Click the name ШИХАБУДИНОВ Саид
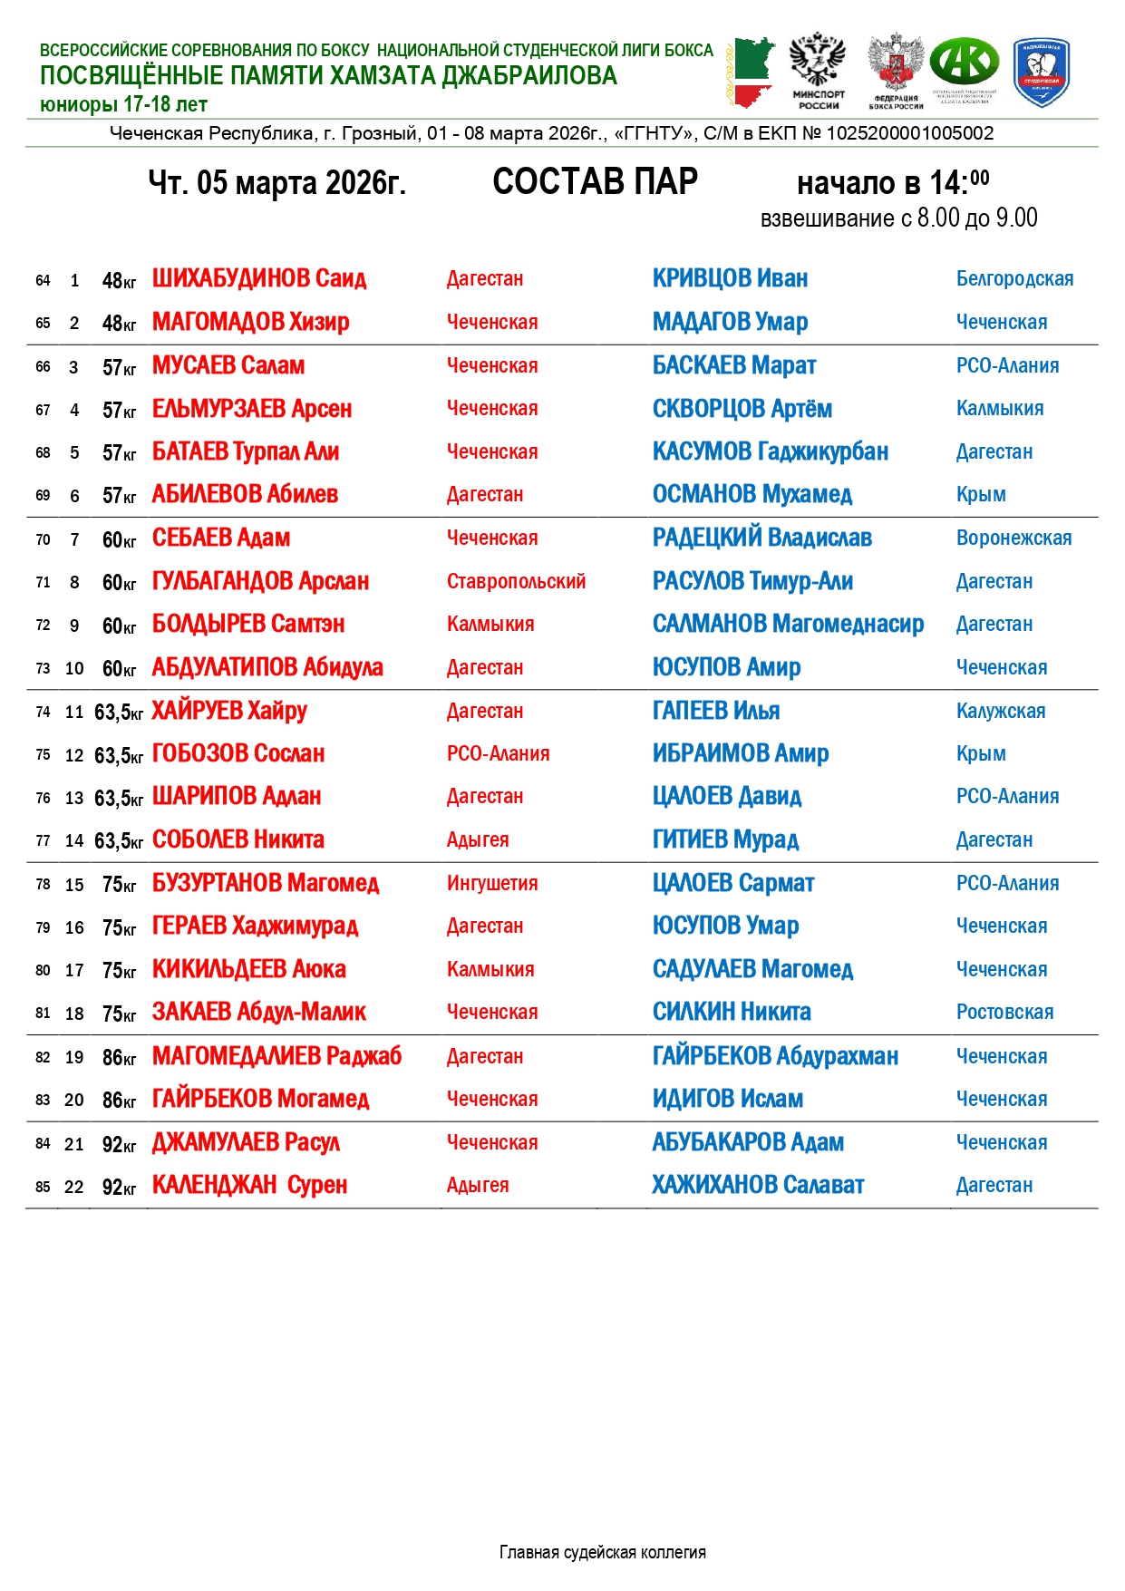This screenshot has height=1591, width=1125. click(258, 278)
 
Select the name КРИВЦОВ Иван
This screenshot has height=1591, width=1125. click(730, 278)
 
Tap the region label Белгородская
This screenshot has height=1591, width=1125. click(1014, 278)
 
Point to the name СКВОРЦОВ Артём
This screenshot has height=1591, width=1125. click(742, 409)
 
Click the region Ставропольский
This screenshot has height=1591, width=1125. click(516, 581)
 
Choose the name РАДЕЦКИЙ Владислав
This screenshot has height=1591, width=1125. click(761, 538)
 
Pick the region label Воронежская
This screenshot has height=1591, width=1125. click(1013, 538)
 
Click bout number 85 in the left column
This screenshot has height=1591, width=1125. click(43, 1187)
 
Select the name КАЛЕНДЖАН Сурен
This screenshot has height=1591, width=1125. click(249, 1185)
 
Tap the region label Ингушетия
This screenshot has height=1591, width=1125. click(492, 883)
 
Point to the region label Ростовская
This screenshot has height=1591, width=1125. click(1004, 1012)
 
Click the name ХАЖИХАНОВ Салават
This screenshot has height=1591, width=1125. click(758, 1185)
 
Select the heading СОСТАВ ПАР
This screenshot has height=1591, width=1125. click(595, 181)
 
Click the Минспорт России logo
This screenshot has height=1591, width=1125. click(818, 72)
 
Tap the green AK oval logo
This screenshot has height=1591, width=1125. click(965, 63)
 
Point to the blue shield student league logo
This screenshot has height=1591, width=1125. click(1041, 73)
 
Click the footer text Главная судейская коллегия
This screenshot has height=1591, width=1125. click(602, 1552)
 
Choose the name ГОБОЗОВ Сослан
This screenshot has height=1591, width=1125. click(238, 753)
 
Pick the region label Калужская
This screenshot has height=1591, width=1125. click(1000, 711)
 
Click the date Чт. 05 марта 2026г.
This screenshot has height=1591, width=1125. click(276, 183)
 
